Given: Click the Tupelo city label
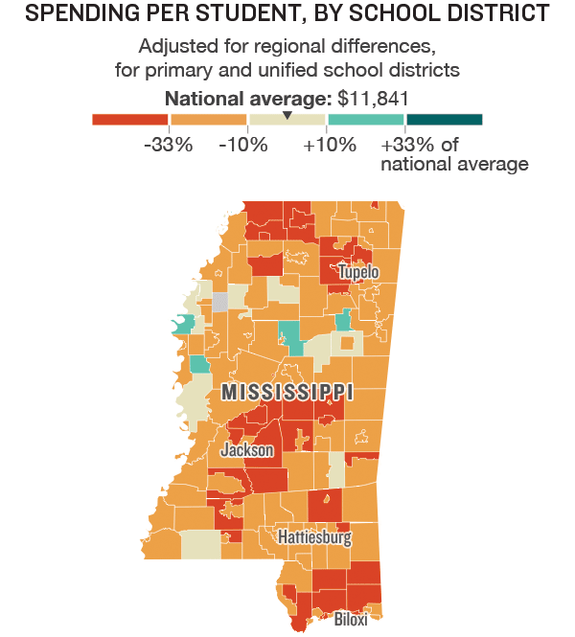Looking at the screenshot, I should point(358,273).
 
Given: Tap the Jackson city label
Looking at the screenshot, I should point(247,449).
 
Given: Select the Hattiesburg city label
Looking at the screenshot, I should point(314,537).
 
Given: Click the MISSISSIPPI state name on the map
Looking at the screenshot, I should point(287,393).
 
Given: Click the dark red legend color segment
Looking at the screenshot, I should point(129,120).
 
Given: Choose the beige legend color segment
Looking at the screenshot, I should point(287,121).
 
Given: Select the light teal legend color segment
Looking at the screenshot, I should point(365,120).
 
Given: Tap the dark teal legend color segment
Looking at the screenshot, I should point(444,120).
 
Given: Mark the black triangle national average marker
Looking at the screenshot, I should point(287,116).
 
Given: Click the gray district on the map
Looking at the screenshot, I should point(220,301).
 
